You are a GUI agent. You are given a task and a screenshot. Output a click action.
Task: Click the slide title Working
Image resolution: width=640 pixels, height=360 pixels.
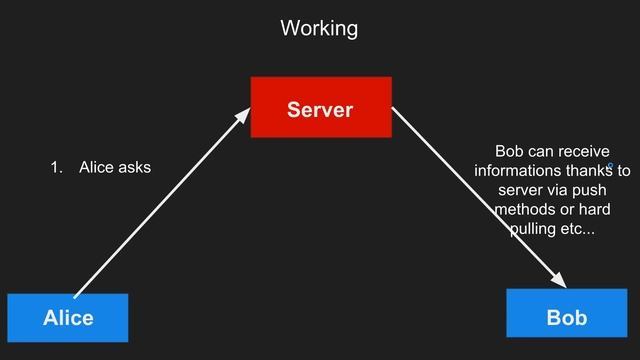coord(319,28)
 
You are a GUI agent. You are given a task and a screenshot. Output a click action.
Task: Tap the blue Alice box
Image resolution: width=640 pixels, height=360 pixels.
coord(68,317)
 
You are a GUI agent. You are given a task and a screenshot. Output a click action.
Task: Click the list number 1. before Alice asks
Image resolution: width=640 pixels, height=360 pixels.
coord(58,167)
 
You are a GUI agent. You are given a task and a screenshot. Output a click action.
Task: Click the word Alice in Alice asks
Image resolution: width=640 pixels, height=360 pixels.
coord(96,167)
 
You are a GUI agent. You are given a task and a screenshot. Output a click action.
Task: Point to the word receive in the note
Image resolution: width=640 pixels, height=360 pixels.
coord(579,151)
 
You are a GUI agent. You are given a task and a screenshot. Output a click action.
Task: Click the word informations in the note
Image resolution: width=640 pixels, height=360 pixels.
coord(516,171)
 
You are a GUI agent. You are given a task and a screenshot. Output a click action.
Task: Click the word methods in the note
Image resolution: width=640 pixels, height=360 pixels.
coord(526,211)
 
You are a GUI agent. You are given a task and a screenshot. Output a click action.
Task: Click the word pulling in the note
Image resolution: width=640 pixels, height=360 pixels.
coord(534,231)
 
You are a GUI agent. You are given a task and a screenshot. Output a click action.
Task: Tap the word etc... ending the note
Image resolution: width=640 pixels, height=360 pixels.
coord(578,231)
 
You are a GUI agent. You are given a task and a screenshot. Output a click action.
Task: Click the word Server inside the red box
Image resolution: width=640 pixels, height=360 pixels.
coord(320,109)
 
